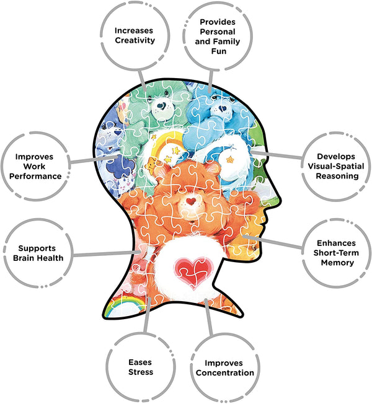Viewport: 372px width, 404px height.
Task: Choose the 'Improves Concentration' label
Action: coord(221,367)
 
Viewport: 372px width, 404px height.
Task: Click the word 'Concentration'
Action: coord(221,372)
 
